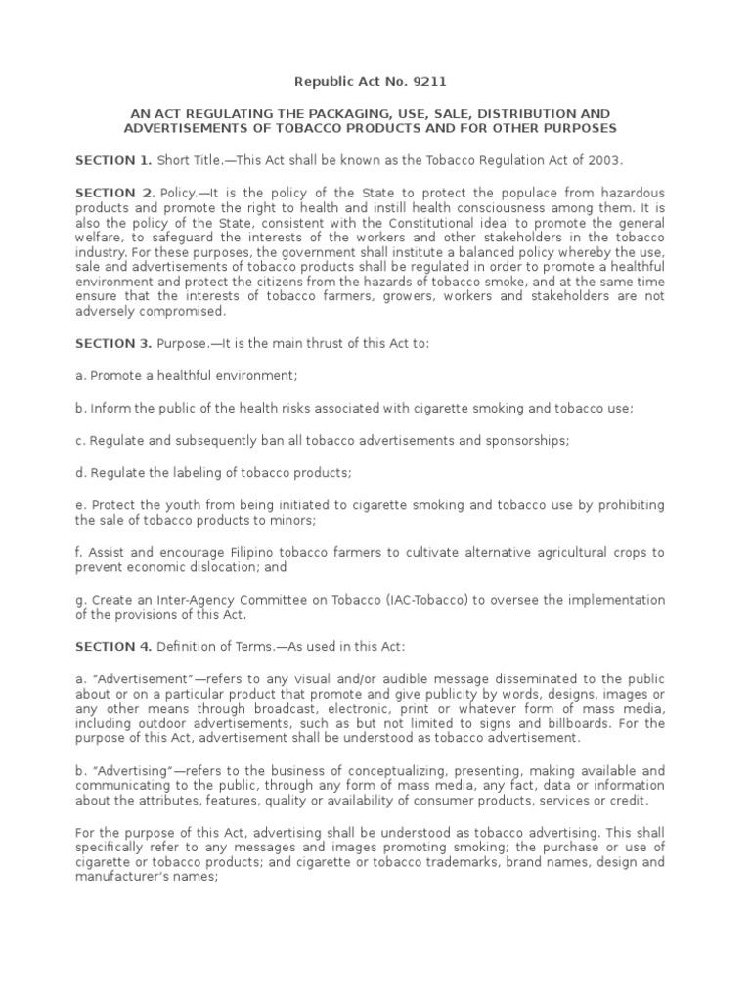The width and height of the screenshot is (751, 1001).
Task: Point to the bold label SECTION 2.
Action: (113, 194)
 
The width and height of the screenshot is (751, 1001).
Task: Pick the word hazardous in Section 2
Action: (632, 194)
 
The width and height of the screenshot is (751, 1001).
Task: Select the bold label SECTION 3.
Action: (113, 344)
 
